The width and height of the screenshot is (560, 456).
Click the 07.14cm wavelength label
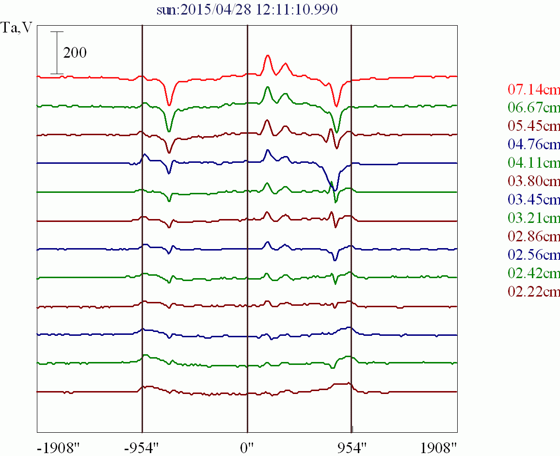534,90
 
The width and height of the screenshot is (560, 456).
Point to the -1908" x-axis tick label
57,446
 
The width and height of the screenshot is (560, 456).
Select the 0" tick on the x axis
247,446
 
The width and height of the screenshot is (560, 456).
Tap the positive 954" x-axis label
351,446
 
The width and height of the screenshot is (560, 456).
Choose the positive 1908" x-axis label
438,446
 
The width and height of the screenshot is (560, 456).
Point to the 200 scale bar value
75,53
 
